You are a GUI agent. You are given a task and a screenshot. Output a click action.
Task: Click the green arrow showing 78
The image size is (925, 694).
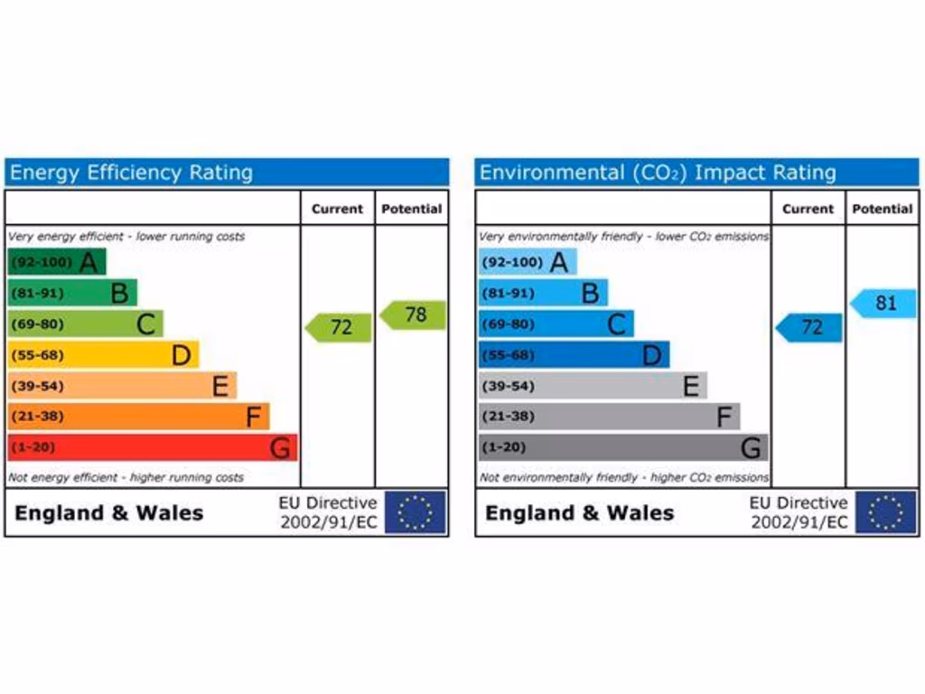point(414,315)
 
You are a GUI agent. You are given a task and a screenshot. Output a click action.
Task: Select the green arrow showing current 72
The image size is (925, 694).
point(340,327)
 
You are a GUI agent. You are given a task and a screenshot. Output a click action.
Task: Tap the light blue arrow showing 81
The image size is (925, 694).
point(884,304)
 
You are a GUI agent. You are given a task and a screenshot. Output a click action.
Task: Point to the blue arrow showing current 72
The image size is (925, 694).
point(810,327)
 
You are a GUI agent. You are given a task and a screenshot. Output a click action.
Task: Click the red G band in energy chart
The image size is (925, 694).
point(152,447)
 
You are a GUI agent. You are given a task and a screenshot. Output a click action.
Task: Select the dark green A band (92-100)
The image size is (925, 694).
point(56,263)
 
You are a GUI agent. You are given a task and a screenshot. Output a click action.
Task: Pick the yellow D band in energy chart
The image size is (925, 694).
point(102,355)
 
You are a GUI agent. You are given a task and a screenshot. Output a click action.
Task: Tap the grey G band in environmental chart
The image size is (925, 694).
point(622,447)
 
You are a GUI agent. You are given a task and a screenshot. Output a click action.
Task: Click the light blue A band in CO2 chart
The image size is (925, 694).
point(527,263)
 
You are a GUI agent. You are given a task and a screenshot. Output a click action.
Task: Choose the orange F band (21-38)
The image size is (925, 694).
point(137,417)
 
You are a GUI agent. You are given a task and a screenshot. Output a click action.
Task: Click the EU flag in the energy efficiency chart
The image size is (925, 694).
point(416,512)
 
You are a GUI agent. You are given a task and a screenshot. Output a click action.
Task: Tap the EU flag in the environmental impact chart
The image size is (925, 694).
point(886,512)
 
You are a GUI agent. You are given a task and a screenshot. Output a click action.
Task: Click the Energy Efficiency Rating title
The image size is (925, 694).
point(131,173)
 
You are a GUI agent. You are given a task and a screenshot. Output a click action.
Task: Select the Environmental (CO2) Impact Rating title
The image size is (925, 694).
point(658,173)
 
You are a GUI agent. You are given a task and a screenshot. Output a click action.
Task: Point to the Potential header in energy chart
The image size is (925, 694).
point(412,209)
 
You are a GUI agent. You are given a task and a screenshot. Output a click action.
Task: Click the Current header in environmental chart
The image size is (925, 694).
point(808,209)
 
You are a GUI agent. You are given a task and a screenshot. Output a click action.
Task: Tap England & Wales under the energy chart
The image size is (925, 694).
point(109,513)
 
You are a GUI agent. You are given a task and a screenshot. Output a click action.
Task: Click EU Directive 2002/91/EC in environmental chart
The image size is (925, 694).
point(799,512)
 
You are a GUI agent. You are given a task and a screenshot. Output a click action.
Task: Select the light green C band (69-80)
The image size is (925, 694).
point(85,324)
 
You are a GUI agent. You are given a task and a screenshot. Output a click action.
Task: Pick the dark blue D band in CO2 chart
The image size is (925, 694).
point(574,355)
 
